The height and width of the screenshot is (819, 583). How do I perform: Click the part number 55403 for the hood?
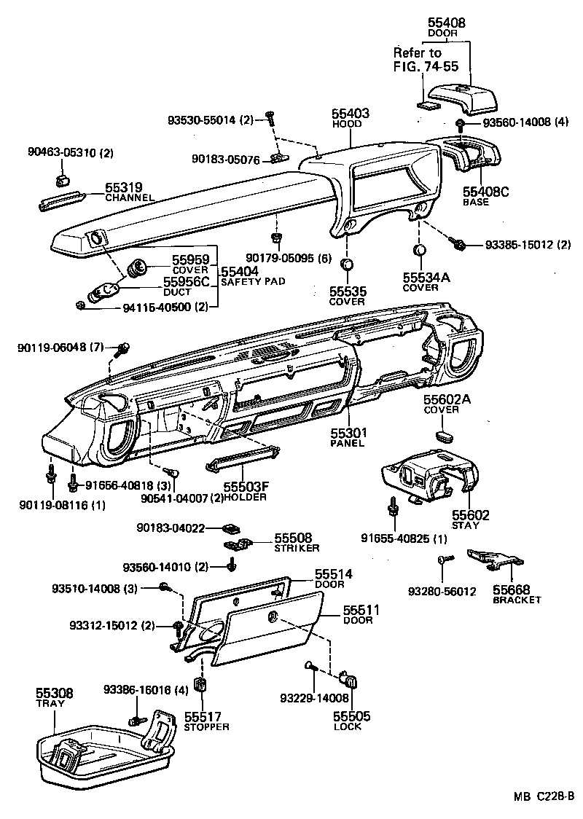[x=351, y=114]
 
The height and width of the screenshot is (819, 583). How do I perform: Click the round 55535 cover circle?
[x=348, y=264]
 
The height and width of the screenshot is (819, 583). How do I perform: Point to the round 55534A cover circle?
[x=420, y=252]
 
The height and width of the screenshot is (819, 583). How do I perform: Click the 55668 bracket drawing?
[x=496, y=559]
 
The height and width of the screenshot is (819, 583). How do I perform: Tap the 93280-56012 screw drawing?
[x=446, y=558]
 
